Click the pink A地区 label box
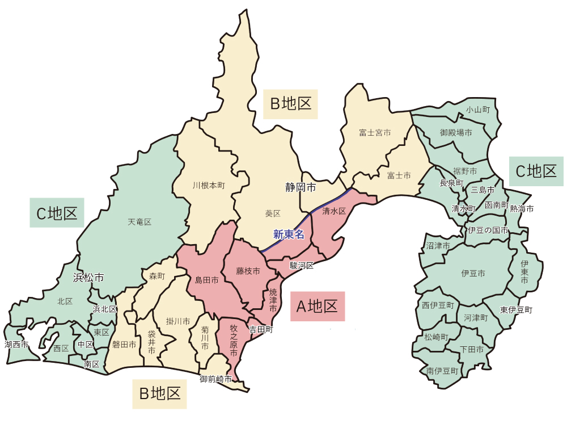point(318,307)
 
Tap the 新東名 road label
point(289,234)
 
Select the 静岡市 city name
point(300,186)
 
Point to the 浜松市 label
point(88,278)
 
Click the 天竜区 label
point(139,222)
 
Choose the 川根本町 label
point(209,185)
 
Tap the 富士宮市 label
point(375,133)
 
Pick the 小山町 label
point(477,109)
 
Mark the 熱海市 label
point(522,209)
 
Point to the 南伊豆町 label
point(442,371)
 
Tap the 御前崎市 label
point(215,379)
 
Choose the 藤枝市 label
point(248,271)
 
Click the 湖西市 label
point(16,344)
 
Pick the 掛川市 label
point(177,321)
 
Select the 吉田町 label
point(261,329)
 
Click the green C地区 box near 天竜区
point(57,213)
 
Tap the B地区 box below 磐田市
point(160,393)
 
